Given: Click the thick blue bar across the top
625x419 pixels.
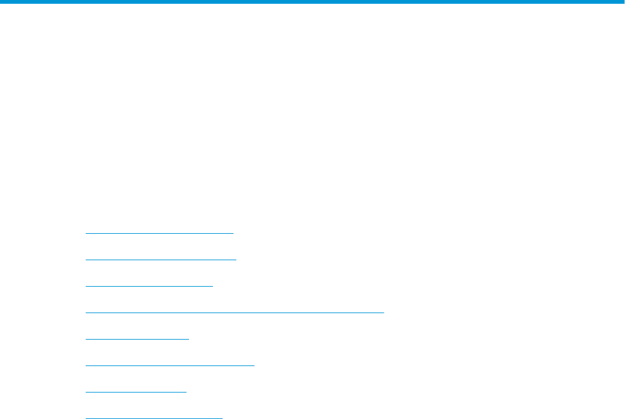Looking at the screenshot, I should (312, 3).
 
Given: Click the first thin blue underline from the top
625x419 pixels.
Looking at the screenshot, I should (159, 233).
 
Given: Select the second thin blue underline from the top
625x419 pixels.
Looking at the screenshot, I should (161, 259).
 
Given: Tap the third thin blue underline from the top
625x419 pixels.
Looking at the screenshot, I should (149, 285).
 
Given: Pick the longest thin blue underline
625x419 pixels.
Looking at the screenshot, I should (234, 312).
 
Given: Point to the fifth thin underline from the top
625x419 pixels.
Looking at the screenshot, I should (137, 338).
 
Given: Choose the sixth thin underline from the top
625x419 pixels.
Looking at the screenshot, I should (169, 365).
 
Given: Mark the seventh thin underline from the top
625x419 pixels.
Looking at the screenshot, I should (136, 391).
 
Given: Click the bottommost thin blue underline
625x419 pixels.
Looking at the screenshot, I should (154, 417).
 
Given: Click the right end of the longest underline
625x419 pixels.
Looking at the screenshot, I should (383, 312).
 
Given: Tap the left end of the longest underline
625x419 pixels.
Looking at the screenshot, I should (86, 312).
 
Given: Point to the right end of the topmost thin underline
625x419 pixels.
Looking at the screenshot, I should (232, 233).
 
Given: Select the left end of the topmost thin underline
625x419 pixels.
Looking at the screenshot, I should (86, 233).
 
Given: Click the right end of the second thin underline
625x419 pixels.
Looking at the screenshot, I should (235, 259).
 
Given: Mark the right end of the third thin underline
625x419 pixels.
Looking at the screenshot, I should (213, 285).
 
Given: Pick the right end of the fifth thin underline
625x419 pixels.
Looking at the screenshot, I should (188, 338).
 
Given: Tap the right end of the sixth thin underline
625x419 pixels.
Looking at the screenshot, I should (253, 365).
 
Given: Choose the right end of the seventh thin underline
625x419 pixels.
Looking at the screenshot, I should (186, 391).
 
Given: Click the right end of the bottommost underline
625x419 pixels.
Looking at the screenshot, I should (222, 417).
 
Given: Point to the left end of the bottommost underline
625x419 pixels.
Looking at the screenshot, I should (86, 417).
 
